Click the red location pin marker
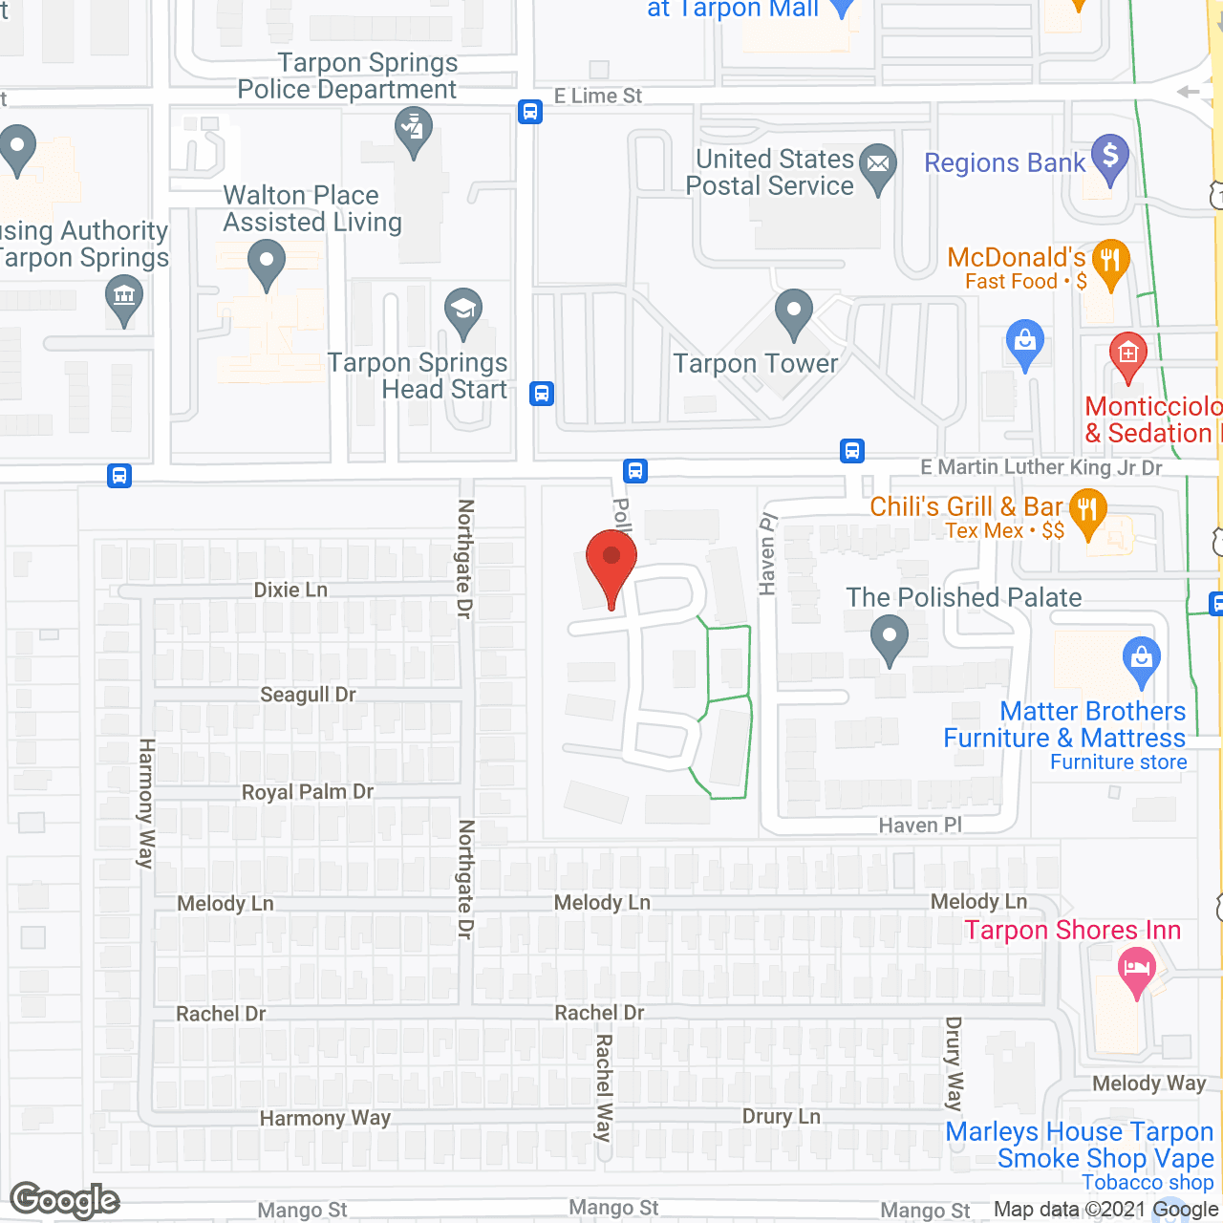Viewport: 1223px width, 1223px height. (x=611, y=563)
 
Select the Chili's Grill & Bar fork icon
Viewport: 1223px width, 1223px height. (x=1088, y=510)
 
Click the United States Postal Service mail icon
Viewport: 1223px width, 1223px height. (x=877, y=165)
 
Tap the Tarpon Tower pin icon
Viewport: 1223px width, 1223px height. (x=793, y=311)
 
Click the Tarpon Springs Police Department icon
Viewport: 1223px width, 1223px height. (x=413, y=128)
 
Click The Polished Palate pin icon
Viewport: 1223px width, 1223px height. (x=890, y=636)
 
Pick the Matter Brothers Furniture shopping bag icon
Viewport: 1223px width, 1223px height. (x=1142, y=659)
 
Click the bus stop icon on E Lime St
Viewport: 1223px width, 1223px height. (x=530, y=112)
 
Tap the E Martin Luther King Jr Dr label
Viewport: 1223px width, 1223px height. (x=1041, y=467)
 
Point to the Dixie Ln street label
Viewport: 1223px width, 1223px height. (x=290, y=590)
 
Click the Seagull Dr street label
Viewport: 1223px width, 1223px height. (x=308, y=695)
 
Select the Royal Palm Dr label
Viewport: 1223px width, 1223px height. (x=308, y=792)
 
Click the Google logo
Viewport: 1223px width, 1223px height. (x=65, y=1200)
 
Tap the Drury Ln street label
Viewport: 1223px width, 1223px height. (x=782, y=1116)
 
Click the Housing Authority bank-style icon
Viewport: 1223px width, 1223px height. (x=124, y=295)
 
